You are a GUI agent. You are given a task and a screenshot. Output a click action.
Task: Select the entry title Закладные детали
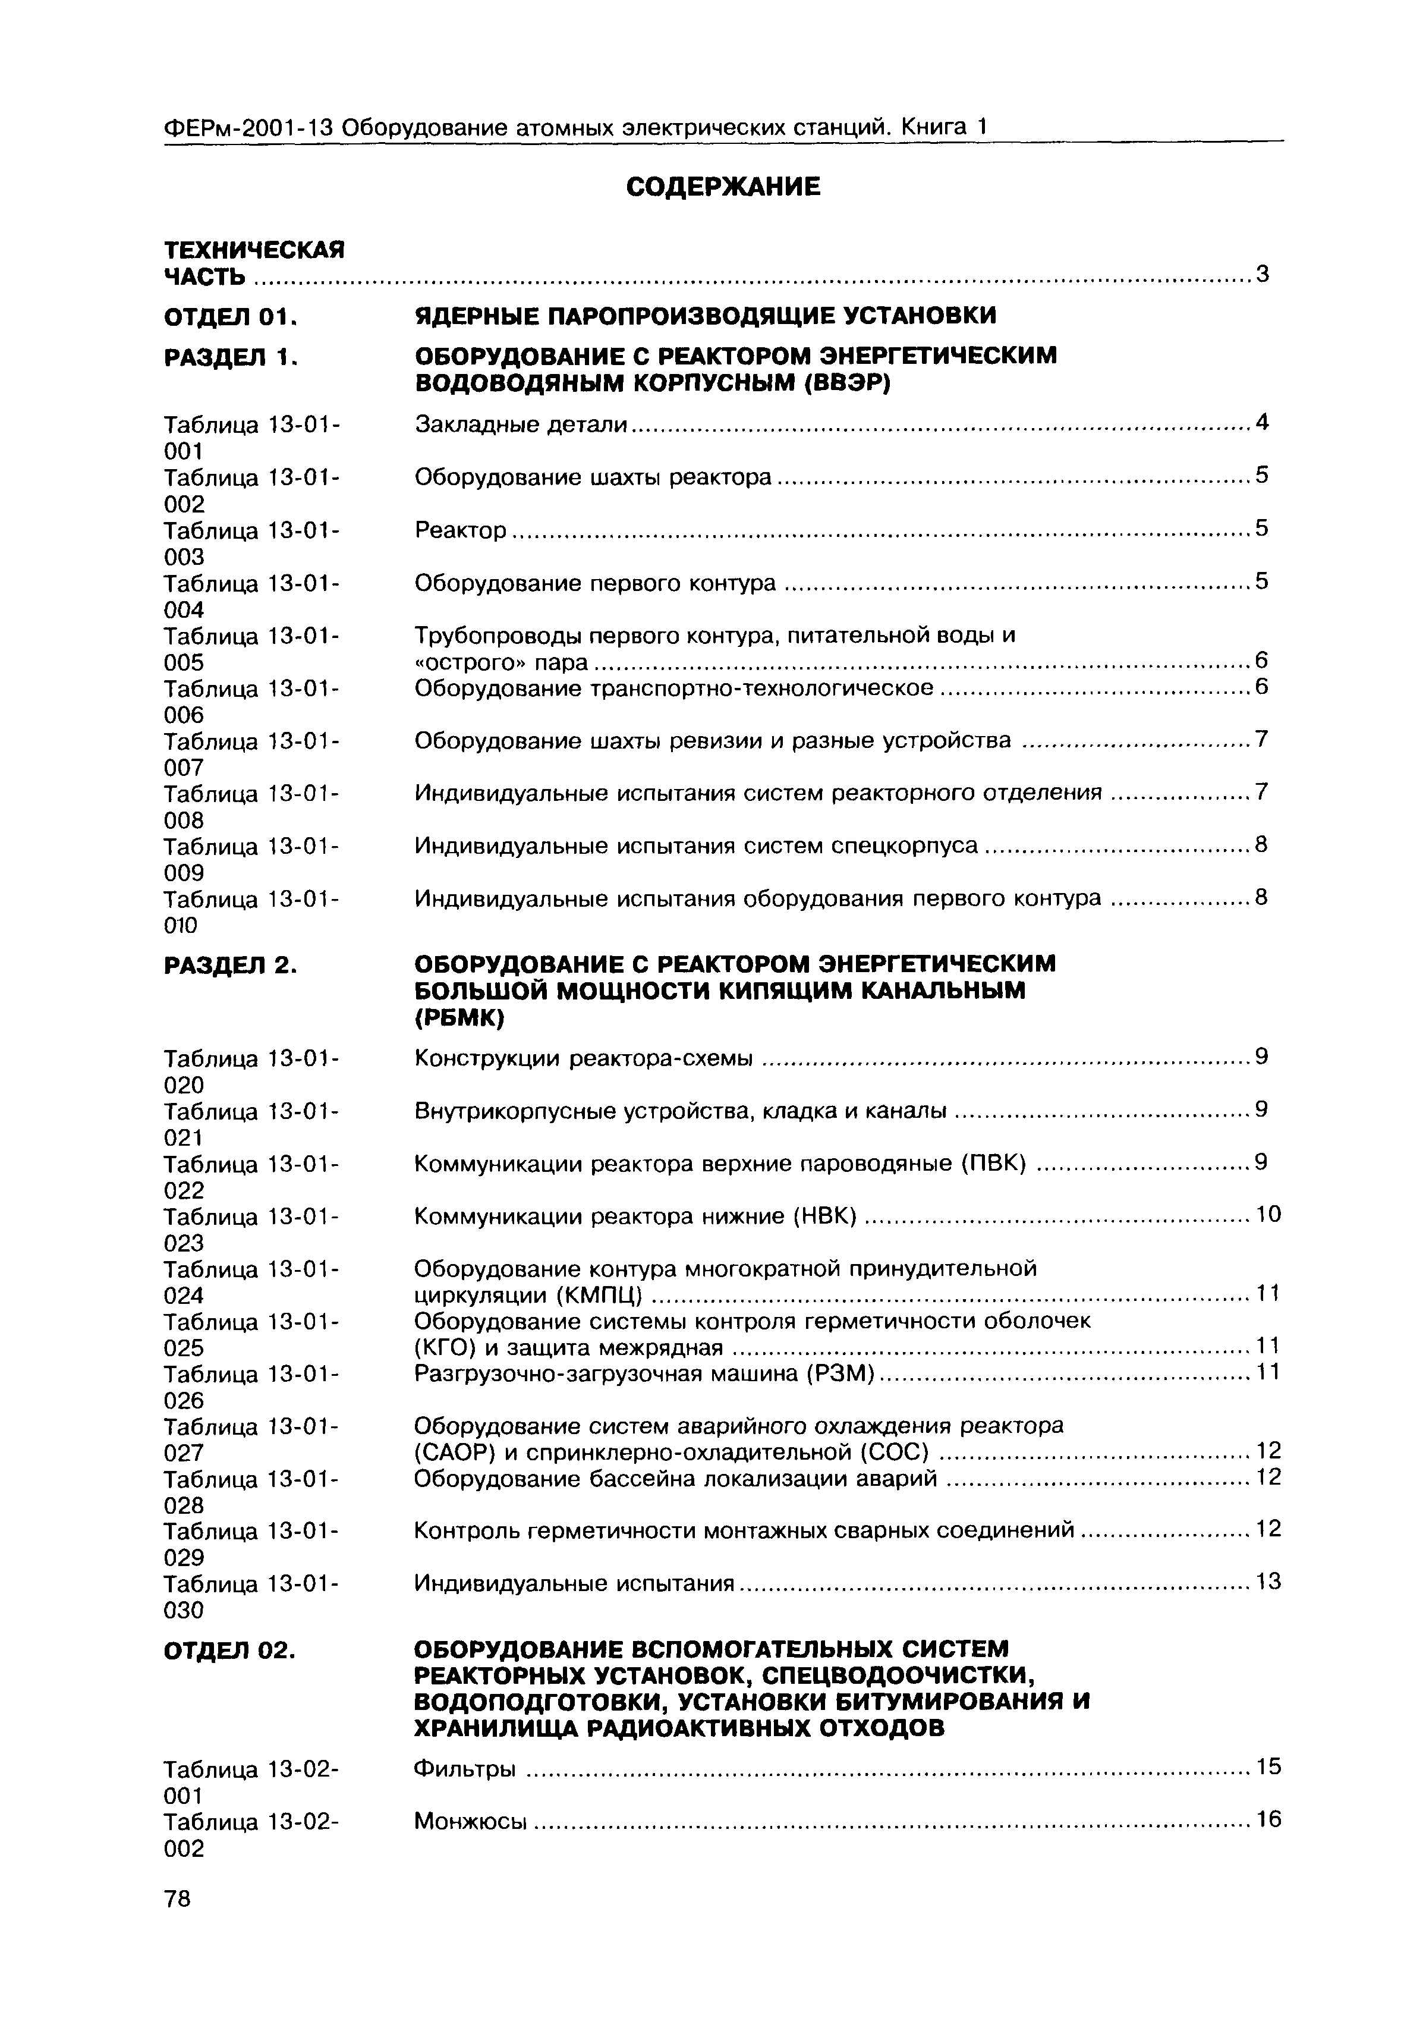pyautogui.click(x=521, y=424)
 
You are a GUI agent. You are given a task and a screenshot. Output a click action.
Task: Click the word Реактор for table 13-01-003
pyautogui.click(x=460, y=530)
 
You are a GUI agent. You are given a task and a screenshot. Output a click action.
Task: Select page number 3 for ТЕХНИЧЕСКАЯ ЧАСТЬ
pyautogui.click(x=1263, y=275)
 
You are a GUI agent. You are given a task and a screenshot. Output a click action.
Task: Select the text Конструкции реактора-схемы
pyautogui.click(x=583, y=1058)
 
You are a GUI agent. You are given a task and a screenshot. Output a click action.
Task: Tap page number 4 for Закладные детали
pyautogui.click(x=1263, y=422)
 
